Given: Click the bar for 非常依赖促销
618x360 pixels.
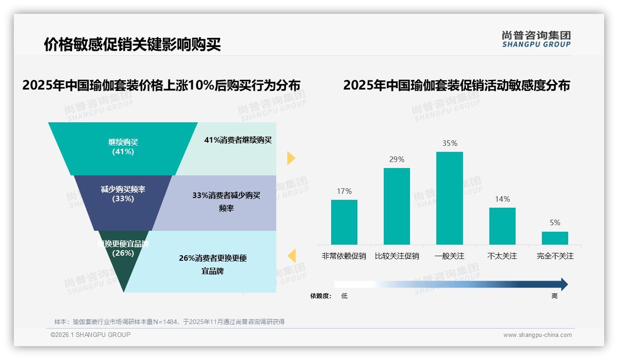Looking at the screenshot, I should point(344,222).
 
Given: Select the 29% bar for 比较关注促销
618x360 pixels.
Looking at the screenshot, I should point(397,206).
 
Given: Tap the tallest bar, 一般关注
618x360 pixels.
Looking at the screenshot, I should point(449,198).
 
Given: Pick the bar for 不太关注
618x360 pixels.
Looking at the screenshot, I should point(502,226).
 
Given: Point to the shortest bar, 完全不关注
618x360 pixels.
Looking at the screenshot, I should point(555,238).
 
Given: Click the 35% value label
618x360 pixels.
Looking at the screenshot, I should point(450,144).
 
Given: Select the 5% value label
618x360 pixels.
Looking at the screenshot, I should point(555,223).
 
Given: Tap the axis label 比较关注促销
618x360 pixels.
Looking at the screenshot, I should point(397,256).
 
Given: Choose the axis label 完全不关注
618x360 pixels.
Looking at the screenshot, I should point(555,256).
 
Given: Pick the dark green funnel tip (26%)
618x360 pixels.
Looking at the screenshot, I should point(124,268).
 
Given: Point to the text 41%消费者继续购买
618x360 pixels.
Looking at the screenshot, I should point(238,140).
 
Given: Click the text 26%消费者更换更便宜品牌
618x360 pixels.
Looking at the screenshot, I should point(213,264).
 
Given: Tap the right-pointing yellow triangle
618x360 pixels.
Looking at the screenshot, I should point(291,158).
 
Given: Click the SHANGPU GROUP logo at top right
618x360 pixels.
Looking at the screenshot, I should point(536,39).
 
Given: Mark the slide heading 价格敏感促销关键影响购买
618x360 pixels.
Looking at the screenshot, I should point(132,45).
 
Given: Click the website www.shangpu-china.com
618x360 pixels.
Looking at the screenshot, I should point(537,335).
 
